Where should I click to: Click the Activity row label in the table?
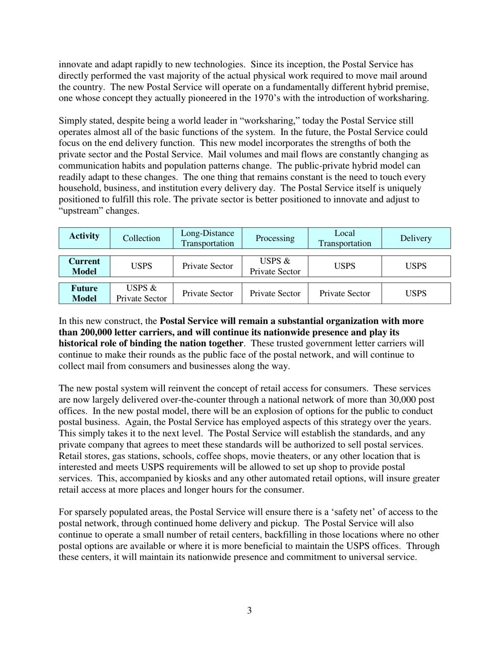point(84,237)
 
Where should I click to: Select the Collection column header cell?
point(141,238)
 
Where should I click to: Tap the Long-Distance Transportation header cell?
point(207,238)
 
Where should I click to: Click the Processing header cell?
point(275,238)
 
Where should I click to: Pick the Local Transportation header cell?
point(345,238)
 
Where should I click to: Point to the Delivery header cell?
point(415,238)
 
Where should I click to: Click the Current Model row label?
point(84,266)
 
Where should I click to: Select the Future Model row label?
point(84,293)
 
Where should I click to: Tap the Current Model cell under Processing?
point(275,266)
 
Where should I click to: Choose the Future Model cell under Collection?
point(141,293)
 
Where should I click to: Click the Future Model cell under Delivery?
point(415,293)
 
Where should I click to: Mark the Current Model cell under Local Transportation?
point(345,266)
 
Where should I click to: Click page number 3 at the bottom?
point(249,610)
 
